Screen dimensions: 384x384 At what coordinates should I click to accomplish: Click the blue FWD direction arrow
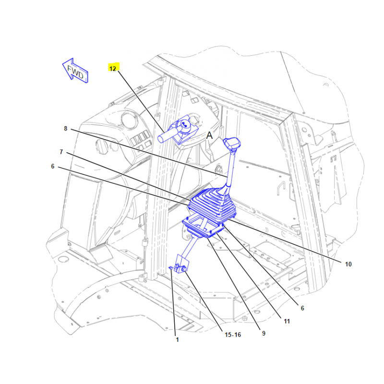pos(75,71)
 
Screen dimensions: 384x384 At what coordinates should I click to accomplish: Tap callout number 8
pos(66,129)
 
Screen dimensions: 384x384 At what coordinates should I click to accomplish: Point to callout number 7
pos(61,152)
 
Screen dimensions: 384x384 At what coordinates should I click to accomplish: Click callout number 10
pos(348,264)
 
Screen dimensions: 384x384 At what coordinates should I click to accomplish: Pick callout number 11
pos(287,321)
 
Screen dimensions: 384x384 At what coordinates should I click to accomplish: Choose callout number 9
pos(264,333)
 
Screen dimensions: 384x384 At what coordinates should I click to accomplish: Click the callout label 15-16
pos(233,335)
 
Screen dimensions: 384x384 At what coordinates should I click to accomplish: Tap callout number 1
pos(177,339)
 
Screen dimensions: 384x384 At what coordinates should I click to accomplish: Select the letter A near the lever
pos(209,135)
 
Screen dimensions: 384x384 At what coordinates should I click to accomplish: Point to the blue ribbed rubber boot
pos(212,204)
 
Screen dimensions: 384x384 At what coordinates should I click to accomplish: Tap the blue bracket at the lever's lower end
pos(182,264)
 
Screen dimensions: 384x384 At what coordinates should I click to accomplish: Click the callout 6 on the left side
pos(53,166)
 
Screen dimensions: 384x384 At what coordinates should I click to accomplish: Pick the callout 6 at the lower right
pos(302,308)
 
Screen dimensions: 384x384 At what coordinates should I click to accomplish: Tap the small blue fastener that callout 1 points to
pos(171,268)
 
